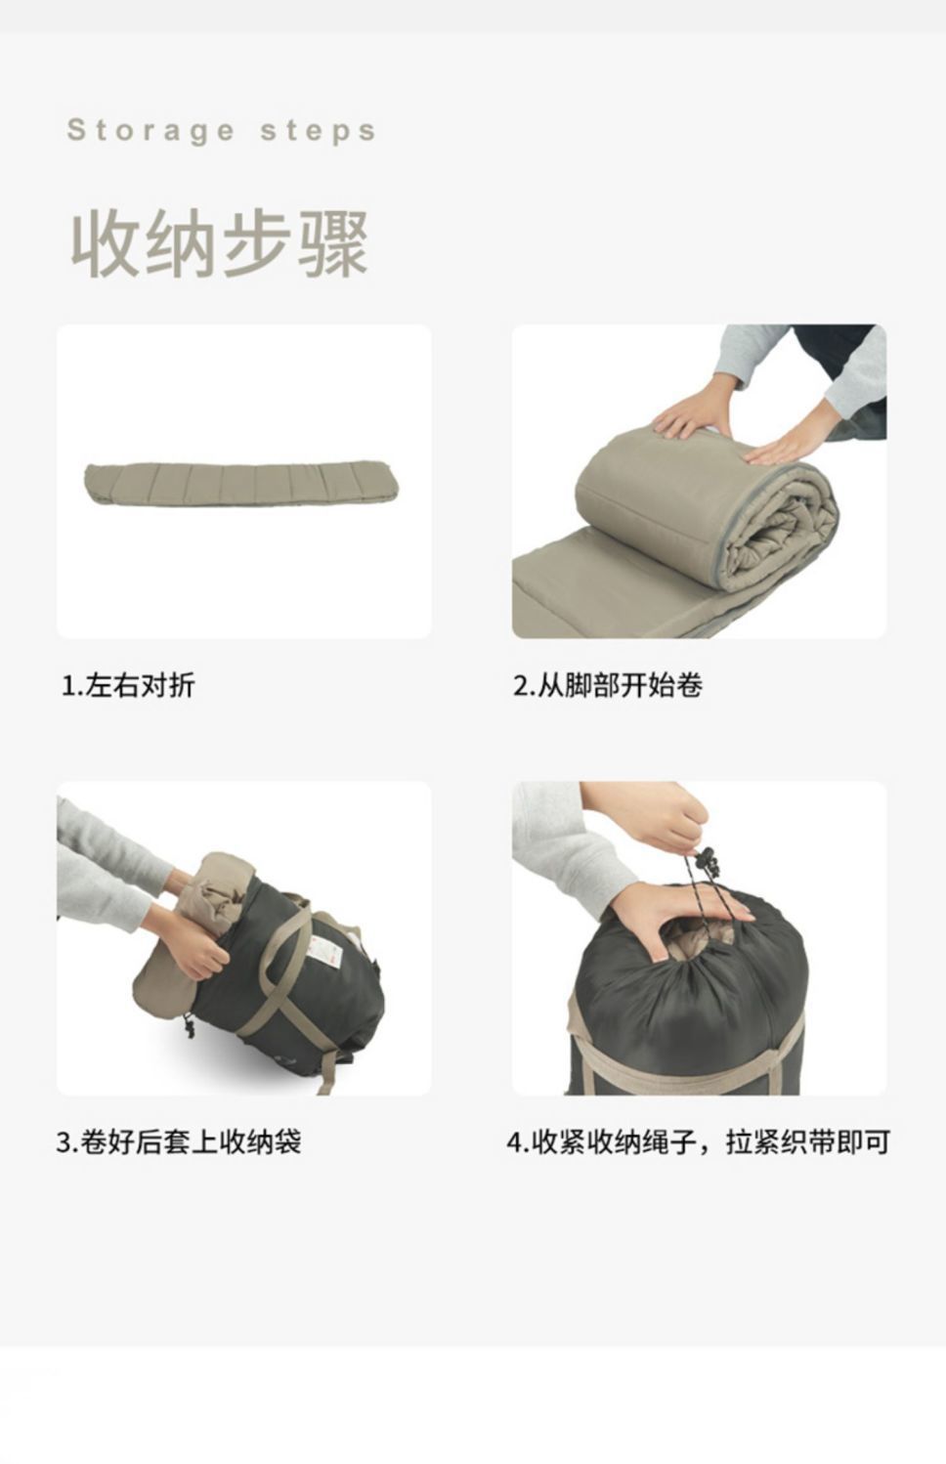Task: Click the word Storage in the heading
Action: (x=150, y=131)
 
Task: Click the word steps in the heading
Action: (x=319, y=131)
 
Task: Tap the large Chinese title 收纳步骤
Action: (x=220, y=244)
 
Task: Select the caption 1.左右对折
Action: (x=128, y=686)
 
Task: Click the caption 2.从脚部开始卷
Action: (x=608, y=686)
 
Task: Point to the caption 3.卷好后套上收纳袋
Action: (x=179, y=1141)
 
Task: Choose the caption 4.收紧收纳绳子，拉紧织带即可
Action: (x=698, y=1141)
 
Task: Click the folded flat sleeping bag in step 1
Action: (x=242, y=485)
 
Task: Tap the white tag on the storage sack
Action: (x=321, y=950)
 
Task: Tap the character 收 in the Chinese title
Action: (x=105, y=244)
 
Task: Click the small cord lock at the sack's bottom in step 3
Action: (x=190, y=1026)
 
